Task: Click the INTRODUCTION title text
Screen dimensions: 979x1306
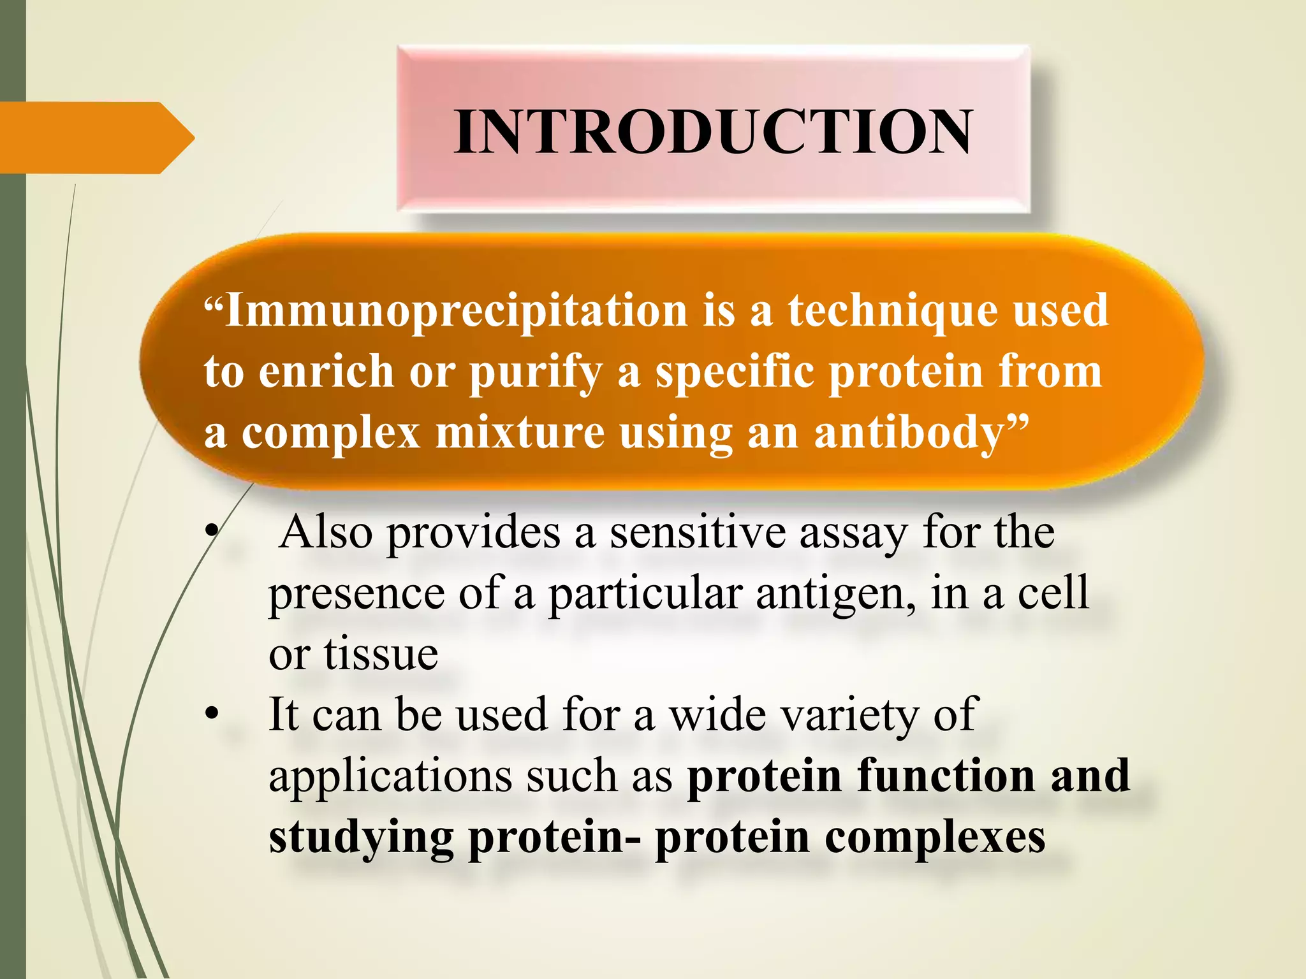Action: pos(713,132)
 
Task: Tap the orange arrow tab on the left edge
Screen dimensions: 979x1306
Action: pos(96,138)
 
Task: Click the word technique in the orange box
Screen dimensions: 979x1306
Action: pos(893,310)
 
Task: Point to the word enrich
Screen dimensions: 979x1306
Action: pos(326,372)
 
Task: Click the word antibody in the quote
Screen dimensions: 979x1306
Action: pos(918,433)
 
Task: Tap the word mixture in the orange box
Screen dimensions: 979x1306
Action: pos(520,433)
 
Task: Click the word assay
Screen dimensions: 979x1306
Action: pos(854,534)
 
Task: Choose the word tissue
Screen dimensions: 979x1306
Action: pos(381,654)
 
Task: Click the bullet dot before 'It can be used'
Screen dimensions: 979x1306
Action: pos(212,715)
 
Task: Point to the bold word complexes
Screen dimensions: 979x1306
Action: pos(935,839)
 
